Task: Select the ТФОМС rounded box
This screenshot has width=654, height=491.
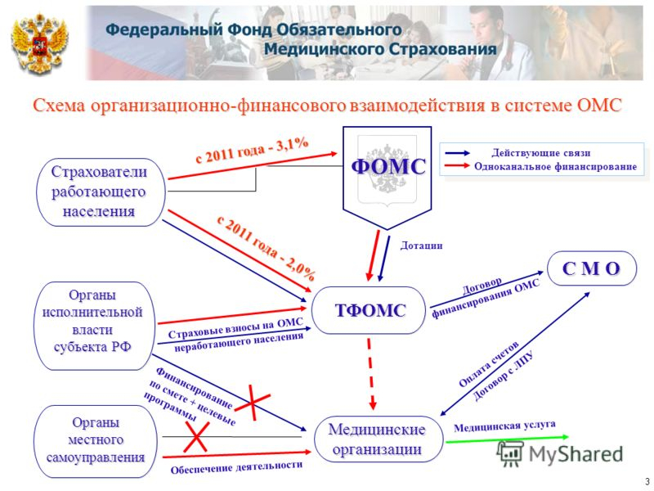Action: [370, 310]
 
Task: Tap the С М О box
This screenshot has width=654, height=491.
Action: [592, 268]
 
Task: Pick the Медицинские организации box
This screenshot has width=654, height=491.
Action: [378, 439]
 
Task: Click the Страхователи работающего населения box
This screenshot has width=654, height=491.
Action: [101, 192]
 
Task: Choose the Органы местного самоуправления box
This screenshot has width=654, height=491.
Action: [95, 441]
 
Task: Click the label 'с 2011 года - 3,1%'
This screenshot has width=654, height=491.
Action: [252, 151]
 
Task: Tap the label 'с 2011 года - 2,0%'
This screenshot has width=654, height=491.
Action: [267, 248]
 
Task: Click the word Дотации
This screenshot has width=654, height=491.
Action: [421, 245]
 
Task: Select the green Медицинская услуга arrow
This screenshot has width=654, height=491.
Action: [507, 439]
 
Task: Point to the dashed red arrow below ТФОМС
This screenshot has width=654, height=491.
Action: [371, 374]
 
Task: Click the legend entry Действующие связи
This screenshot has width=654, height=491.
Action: [541, 153]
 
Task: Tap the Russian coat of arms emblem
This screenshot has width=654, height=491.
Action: [39, 44]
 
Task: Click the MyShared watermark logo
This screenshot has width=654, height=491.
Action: [560, 453]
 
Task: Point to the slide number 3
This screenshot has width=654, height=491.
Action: [647, 480]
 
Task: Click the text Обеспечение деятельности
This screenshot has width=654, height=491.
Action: [236, 467]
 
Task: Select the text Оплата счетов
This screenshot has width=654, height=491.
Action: [488, 363]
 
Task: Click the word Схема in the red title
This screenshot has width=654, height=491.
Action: [60, 106]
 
